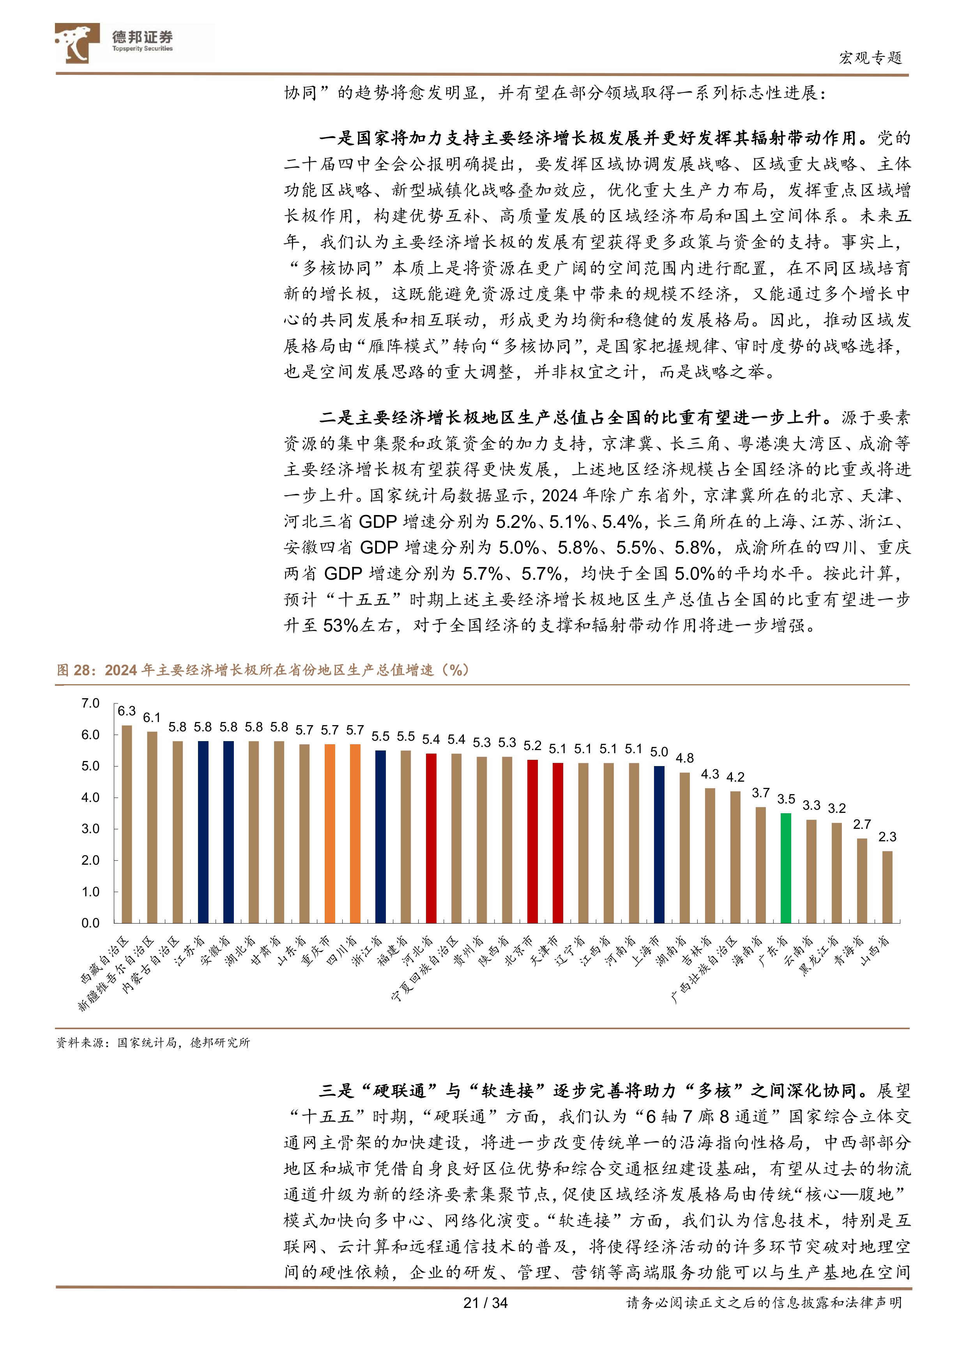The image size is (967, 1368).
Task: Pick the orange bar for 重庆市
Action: tap(329, 833)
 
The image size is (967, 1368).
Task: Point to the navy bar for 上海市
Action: tap(659, 844)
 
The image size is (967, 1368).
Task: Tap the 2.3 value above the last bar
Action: tap(887, 837)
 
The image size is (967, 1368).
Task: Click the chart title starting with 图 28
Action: tap(262, 670)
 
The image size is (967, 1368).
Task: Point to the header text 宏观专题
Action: tap(870, 58)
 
